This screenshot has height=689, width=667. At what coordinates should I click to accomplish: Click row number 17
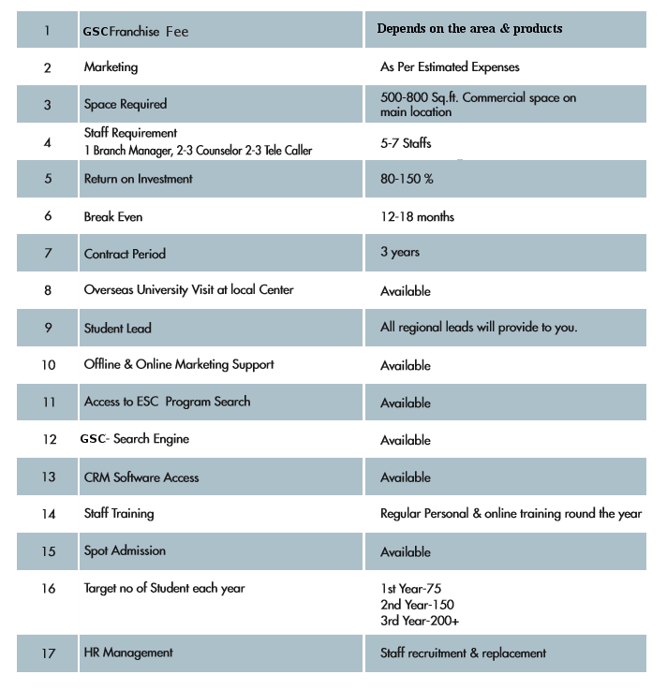pyautogui.click(x=48, y=653)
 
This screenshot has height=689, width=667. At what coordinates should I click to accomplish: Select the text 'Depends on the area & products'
pyautogui.click(x=469, y=29)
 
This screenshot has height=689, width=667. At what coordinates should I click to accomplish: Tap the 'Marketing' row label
pyautogui.click(x=111, y=67)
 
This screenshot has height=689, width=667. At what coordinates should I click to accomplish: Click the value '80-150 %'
pyautogui.click(x=408, y=178)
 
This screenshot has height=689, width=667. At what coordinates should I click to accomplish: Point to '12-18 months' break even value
pyautogui.click(x=417, y=216)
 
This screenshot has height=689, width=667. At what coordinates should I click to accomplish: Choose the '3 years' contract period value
pyautogui.click(x=400, y=253)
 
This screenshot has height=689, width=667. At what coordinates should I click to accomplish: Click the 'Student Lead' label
pyautogui.click(x=117, y=329)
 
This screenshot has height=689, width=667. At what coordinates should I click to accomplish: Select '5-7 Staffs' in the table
pyautogui.click(x=406, y=144)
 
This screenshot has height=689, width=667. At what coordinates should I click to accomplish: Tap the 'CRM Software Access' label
pyautogui.click(x=141, y=477)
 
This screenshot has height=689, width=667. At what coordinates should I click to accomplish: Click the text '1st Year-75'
pyautogui.click(x=410, y=589)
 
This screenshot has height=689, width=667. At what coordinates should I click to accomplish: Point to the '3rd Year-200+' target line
pyautogui.click(x=419, y=621)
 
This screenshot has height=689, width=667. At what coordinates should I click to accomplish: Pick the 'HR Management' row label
pyautogui.click(x=128, y=652)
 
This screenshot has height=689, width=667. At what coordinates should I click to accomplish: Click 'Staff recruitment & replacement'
pyautogui.click(x=463, y=653)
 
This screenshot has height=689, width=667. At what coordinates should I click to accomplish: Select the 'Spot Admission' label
pyautogui.click(x=125, y=551)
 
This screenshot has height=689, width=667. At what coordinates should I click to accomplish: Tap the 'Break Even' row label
pyautogui.click(x=113, y=216)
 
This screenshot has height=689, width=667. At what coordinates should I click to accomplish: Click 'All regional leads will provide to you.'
pyautogui.click(x=479, y=328)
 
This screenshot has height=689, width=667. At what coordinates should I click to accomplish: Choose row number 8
pyautogui.click(x=48, y=290)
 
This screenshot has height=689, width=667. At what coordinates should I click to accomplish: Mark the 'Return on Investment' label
pyautogui.click(x=139, y=178)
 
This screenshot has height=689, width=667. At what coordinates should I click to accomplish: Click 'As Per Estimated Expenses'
pyautogui.click(x=450, y=67)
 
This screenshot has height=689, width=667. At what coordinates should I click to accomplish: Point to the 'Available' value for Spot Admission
pyautogui.click(x=406, y=552)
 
